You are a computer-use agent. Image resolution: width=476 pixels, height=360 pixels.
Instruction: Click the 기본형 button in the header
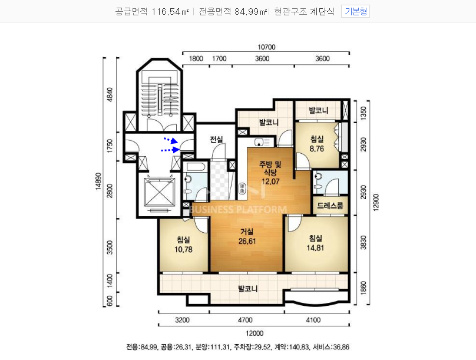[x=355, y=12]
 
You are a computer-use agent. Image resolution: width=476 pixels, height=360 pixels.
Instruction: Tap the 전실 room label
[x=216, y=139]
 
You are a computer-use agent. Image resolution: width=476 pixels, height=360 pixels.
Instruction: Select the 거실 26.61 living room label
[x=247, y=236]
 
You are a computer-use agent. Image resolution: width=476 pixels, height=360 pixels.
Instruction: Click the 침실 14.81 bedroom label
[x=315, y=243]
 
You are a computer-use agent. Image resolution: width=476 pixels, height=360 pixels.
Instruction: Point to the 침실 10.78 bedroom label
[x=183, y=245]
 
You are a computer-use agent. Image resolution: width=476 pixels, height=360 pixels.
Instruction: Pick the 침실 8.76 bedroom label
[x=316, y=144]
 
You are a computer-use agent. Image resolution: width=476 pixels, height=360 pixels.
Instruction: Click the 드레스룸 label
[x=330, y=206]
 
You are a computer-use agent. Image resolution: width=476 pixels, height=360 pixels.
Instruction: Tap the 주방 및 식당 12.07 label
[x=270, y=173]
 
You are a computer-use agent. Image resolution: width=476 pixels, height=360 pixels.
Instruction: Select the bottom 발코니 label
[x=247, y=288]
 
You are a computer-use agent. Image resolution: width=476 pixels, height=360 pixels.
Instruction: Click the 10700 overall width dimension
[x=266, y=47]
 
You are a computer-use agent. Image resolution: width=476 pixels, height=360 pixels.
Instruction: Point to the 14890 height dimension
[x=98, y=181]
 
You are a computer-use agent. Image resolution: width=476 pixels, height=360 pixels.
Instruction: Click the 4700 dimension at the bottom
[x=245, y=320]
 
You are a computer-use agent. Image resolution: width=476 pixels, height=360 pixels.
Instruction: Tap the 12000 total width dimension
[x=254, y=333]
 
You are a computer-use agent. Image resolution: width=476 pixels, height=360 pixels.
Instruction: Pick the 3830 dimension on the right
[x=363, y=243]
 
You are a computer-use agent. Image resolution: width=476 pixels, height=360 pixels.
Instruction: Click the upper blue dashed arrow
[x=171, y=140]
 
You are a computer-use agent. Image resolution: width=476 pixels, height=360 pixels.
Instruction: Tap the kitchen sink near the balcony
[x=259, y=142]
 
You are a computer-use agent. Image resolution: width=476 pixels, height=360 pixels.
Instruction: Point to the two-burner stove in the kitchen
[x=242, y=188]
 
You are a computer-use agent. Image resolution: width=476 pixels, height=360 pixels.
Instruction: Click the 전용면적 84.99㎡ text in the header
[x=233, y=12]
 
